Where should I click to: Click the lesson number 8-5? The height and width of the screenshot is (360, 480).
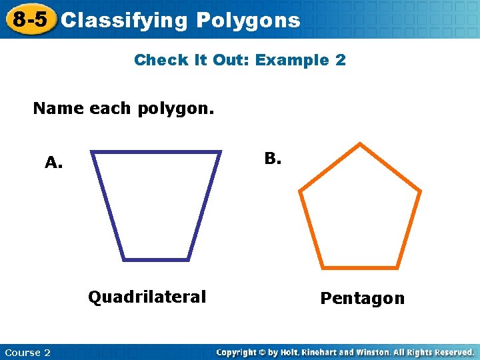[x=31, y=20]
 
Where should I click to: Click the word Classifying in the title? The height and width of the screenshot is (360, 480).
[x=125, y=21]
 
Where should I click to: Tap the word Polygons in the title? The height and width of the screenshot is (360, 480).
[x=249, y=21]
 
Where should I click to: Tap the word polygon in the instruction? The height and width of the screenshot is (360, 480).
[x=175, y=108]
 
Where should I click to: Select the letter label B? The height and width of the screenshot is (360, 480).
[x=273, y=159]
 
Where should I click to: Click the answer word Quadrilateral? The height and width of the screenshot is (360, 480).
[x=147, y=296]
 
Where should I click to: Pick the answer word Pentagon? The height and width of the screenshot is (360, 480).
[x=362, y=298]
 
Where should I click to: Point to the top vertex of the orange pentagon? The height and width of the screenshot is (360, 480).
[x=361, y=144]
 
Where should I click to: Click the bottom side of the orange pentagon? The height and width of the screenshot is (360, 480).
[x=361, y=267]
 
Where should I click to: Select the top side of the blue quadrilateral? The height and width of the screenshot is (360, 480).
[x=156, y=153]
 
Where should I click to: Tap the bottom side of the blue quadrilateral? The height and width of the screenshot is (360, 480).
[x=156, y=259]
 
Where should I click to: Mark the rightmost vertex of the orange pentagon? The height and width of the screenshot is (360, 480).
[x=420, y=191]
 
